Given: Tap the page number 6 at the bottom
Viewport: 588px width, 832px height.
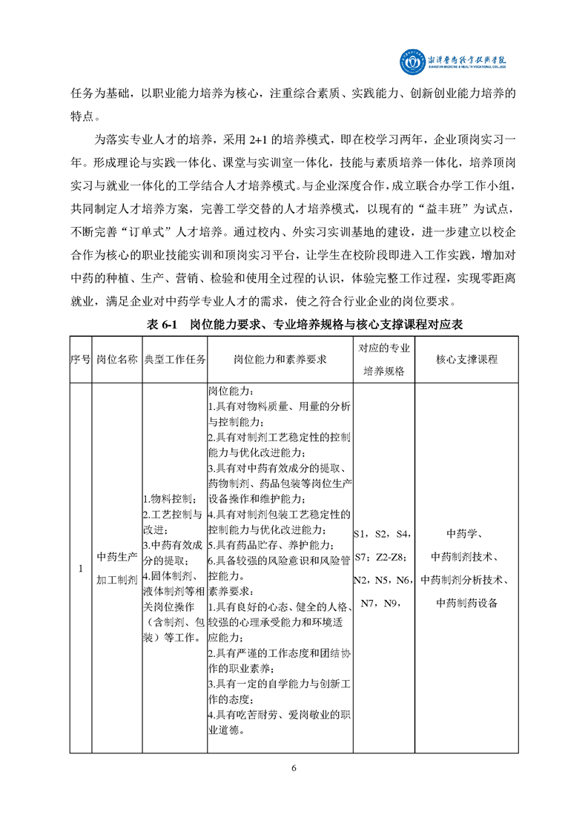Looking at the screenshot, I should (294, 767).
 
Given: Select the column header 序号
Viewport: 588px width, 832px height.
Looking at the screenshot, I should (80, 359).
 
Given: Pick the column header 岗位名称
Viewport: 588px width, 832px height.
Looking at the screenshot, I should (116, 359).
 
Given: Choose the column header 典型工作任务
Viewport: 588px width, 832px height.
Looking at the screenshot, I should (174, 359).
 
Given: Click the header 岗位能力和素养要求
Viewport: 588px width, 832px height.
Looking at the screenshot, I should (280, 359).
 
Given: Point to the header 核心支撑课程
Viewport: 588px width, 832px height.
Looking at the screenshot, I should (466, 359).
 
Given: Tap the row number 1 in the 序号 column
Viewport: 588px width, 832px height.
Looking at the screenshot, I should (80, 568).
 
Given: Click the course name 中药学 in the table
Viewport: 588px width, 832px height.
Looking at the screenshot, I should (466, 535).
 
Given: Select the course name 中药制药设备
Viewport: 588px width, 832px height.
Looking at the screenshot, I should (466, 602).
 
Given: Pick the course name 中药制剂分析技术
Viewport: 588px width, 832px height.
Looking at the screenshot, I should (466, 580).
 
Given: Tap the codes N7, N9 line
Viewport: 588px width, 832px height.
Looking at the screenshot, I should (380, 602).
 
